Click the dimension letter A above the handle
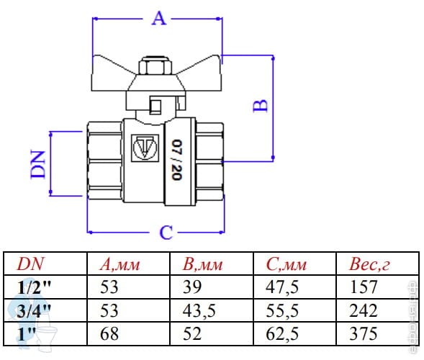pyautogui.click(x=158, y=19)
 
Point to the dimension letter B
pyautogui.click(x=261, y=106)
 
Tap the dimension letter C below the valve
pyautogui.click(x=166, y=233)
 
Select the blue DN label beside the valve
pyautogui.click(x=38, y=164)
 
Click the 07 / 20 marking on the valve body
pyautogui.click(x=177, y=160)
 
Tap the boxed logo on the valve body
pyautogui.click(x=145, y=148)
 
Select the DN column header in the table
pyautogui.click(x=30, y=264)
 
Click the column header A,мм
pyautogui.click(x=119, y=264)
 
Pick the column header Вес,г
pyautogui.click(x=369, y=264)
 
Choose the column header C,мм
pyautogui.click(x=287, y=264)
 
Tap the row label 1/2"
pyautogui.click(x=34, y=287)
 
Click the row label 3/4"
pyautogui.click(x=34, y=311)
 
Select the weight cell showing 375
pyautogui.click(x=363, y=334)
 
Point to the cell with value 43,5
pyautogui.click(x=199, y=310)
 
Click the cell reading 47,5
pyautogui.click(x=282, y=287)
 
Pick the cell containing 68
pyautogui.click(x=109, y=334)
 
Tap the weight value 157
pyautogui.click(x=363, y=287)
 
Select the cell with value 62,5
pyautogui.click(x=282, y=334)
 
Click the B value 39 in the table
pyautogui.click(x=192, y=287)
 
